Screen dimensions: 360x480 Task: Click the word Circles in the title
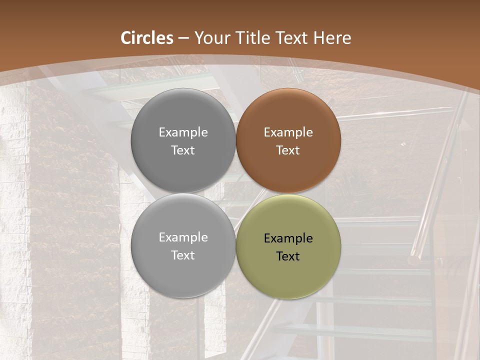point(147,38)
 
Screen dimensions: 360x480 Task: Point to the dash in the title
point(183,38)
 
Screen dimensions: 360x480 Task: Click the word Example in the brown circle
point(288,132)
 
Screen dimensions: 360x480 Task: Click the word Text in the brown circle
point(288,150)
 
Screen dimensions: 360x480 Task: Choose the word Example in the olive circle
point(288,238)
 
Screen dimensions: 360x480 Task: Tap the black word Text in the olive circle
point(288,256)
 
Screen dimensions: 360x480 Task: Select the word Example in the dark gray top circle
point(183,132)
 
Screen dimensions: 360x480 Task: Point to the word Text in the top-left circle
point(183,150)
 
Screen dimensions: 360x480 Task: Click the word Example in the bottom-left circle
point(183,237)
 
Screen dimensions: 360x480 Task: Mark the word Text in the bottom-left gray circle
point(183,255)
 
